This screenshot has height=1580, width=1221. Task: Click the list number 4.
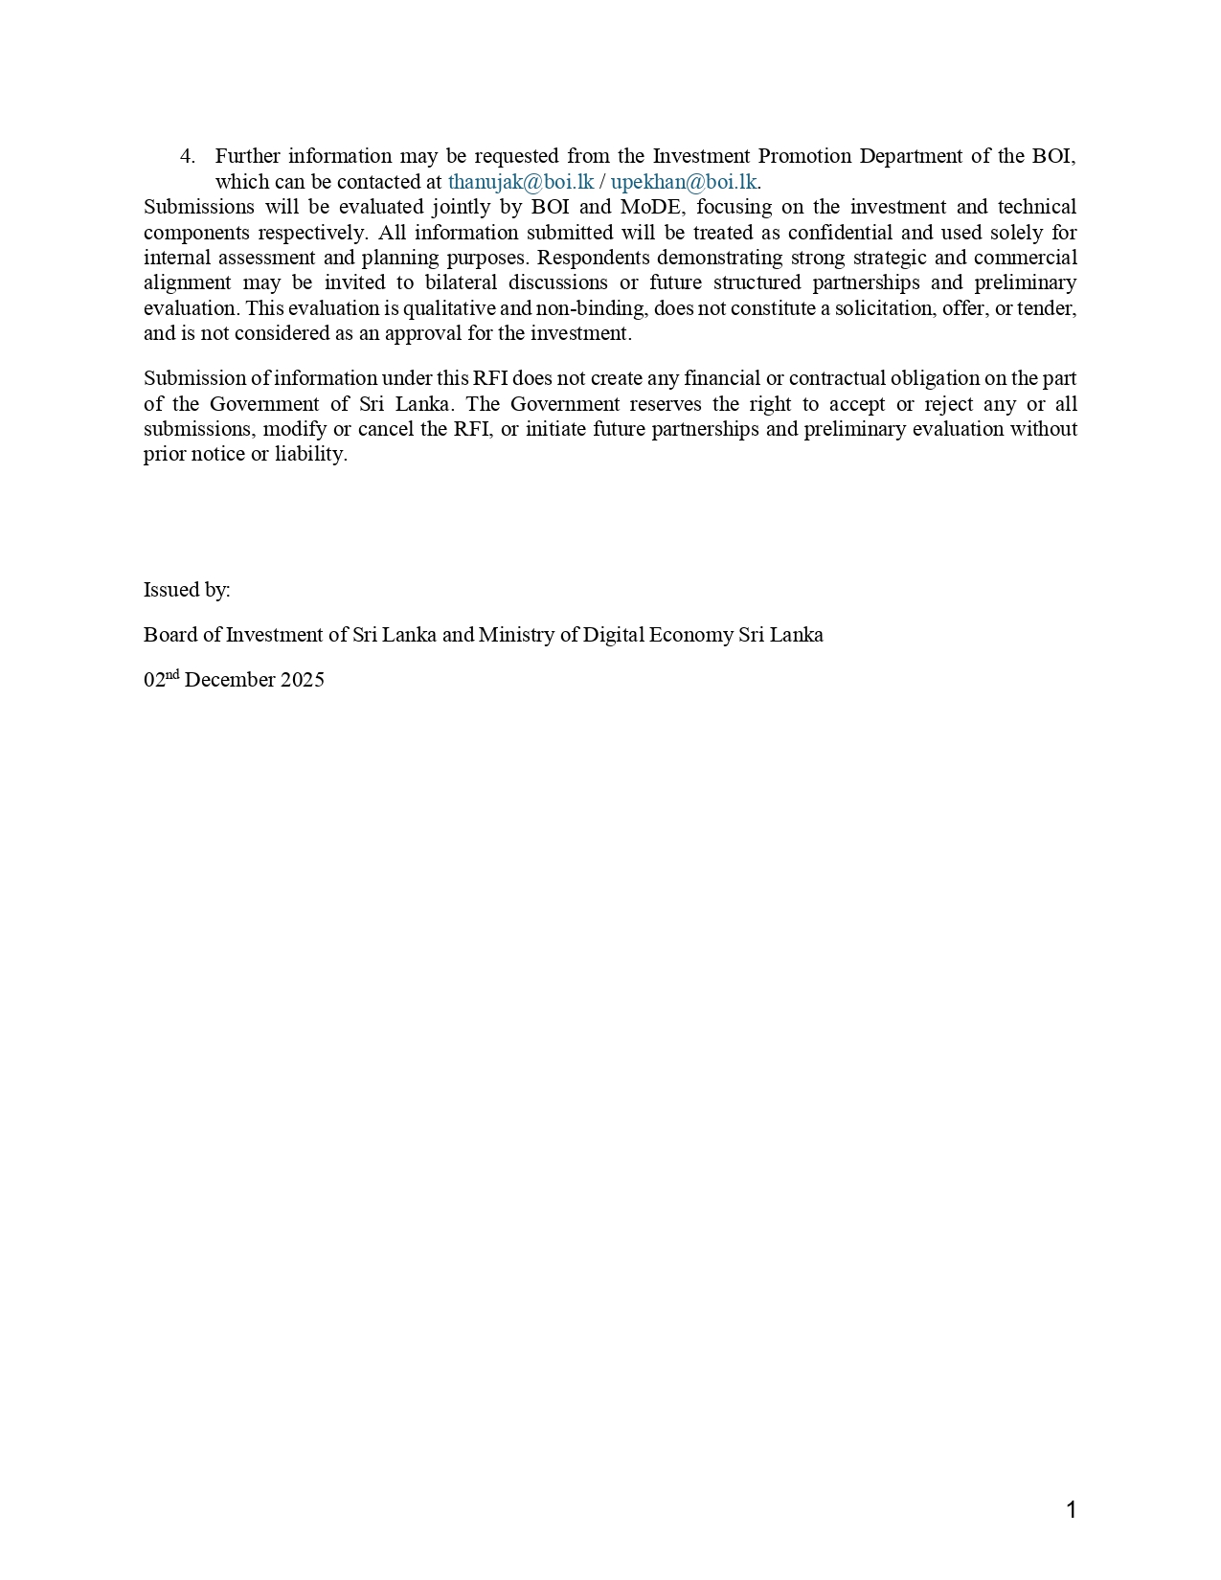[188, 156]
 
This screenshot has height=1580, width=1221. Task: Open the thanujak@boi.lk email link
[521, 182]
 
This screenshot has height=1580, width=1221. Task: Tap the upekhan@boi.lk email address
[684, 182]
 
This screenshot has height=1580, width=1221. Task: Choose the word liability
[310, 454]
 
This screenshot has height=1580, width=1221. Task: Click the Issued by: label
[187, 590]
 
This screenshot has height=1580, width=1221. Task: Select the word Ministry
[518, 635]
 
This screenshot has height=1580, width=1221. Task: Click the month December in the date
[230, 680]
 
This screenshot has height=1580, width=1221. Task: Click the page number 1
[1071, 1510]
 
